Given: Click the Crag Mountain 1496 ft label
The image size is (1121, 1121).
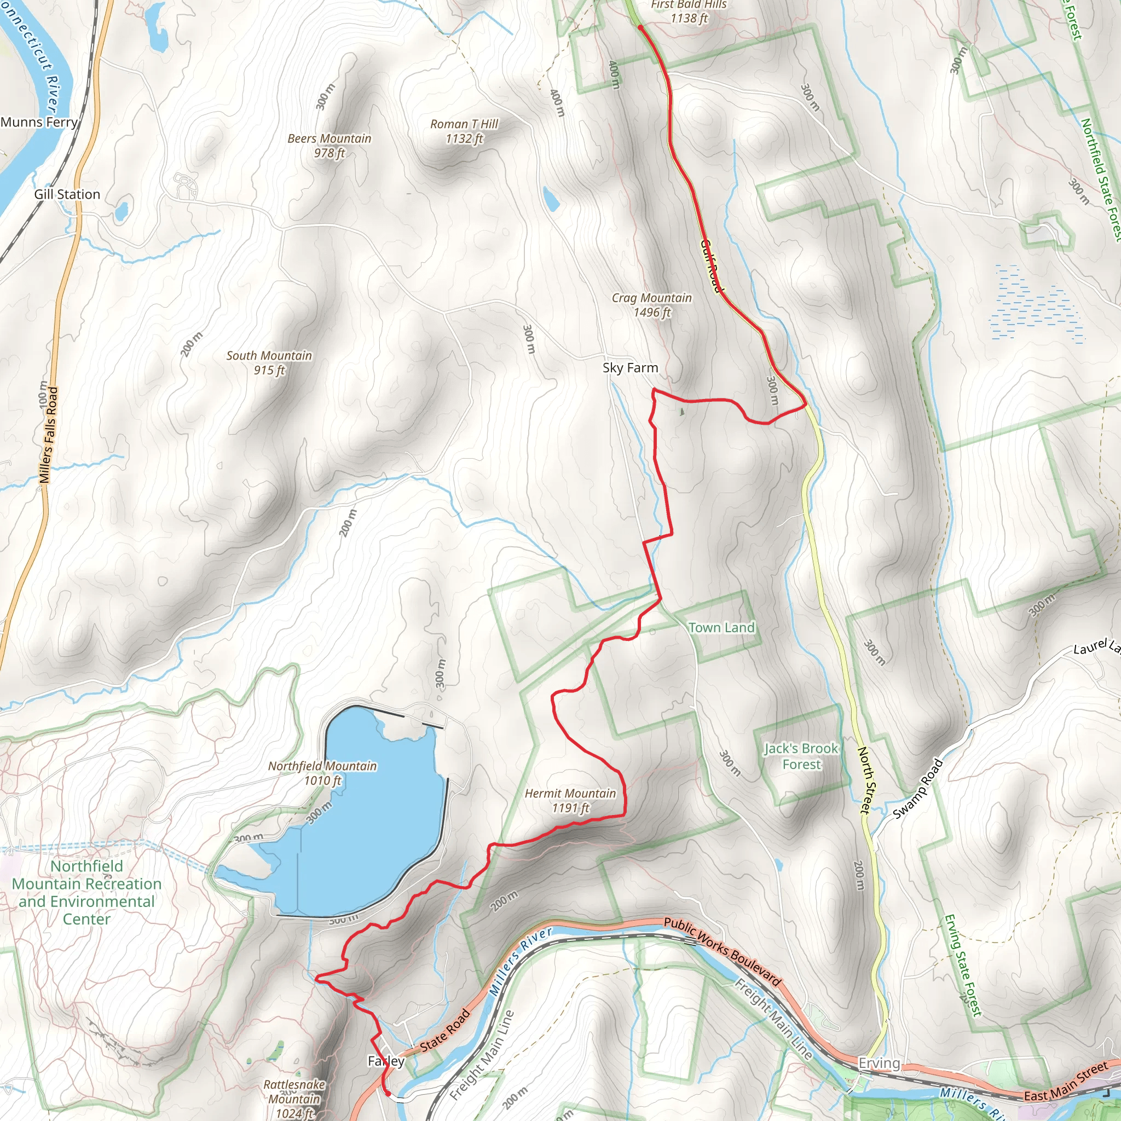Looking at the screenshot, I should [x=651, y=305].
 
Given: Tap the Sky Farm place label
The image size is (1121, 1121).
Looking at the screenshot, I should [x=630, y=368].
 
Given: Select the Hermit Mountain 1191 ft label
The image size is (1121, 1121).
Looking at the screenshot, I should [x=570, y=801].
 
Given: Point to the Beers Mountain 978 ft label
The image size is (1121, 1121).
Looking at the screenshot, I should [x=329, y=146].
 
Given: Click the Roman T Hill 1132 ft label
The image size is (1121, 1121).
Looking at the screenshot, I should [x=464, y=131].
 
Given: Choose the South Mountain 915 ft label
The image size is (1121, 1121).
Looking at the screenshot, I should [x=269, y=363].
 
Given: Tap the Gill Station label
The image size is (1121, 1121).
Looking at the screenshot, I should [x=67, y=194].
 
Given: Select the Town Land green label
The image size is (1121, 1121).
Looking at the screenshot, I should [x=721, y=628].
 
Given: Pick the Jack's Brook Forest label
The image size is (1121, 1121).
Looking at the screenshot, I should [x=801, y=756].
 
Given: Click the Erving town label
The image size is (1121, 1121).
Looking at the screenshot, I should [x=879, y=1064].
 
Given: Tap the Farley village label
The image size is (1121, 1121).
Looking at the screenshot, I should [x=386, y=1061].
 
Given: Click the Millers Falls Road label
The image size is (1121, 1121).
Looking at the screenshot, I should [x=49, y=435].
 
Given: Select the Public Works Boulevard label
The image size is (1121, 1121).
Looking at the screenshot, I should [x=723, y=951].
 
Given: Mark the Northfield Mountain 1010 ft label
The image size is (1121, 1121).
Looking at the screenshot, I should [x=322, y=773].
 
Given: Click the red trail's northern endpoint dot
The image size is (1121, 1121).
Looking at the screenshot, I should [x=640, y=27].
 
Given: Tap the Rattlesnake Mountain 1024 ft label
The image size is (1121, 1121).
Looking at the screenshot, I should [x=294, y=1099].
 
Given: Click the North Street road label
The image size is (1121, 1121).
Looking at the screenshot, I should [x=864, y=780].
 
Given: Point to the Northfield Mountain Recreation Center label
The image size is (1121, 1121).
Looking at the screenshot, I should [x=87, y=892].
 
